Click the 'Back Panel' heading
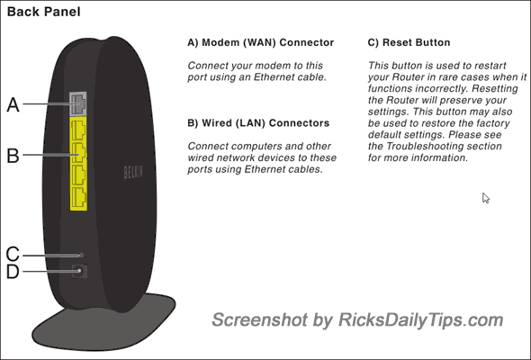[44, 12]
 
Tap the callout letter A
[13, 104]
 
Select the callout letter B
[13, 156]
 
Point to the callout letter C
[13, 254]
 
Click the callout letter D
[13, 272]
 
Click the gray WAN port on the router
[78, 103]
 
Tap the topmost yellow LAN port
[78, 130]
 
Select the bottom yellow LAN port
[78, 197]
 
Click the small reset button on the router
[81, 255]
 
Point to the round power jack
[79, 271]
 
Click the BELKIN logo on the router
[133, 173]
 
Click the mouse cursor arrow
[486, 198]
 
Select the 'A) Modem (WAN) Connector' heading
[261, 42]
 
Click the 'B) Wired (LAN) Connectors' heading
[258, 123]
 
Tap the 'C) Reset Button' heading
[409, 42]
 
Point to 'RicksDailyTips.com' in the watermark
[420, 320]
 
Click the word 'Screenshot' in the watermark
[259, 320]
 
